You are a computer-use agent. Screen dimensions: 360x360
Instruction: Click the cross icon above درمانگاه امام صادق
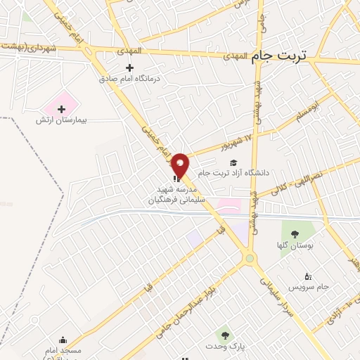[129, 68]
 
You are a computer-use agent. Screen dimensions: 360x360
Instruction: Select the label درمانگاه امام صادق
[129, 79]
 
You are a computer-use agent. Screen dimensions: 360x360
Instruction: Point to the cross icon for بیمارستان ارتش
[62, 109]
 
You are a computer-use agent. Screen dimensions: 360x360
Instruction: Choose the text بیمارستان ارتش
[61, 120]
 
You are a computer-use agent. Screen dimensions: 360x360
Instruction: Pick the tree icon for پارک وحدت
[224, 335]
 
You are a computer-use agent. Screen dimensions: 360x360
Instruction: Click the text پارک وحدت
[225, 348]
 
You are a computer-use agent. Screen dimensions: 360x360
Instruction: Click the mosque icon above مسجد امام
[63, 340]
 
